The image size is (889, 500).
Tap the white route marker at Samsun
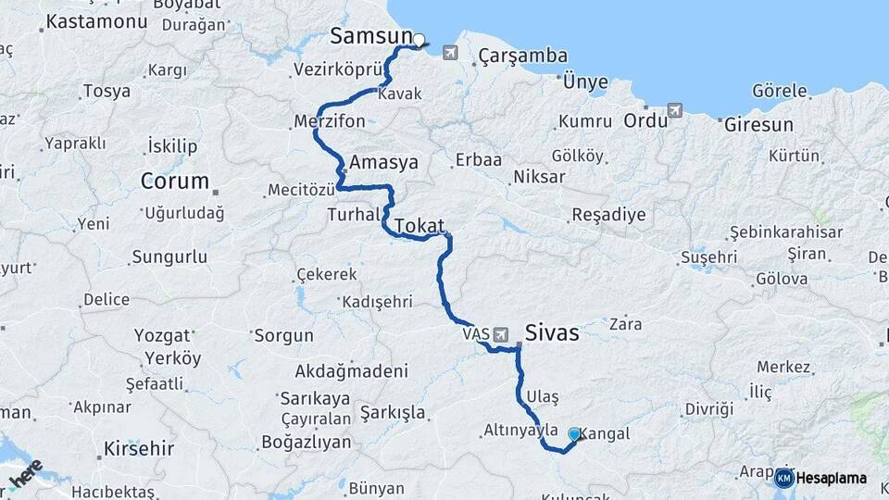click(419, 40)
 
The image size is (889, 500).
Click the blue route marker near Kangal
click(574, 433)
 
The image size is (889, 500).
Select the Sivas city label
click(552, 332)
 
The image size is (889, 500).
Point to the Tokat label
click(420, 226)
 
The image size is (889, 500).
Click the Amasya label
click(381, 162)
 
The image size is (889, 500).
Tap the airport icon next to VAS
click(501, 333)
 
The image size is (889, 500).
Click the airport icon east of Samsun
click(450, 52)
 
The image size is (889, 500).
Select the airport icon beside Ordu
click(674, 111)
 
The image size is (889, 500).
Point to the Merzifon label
click(329, 122)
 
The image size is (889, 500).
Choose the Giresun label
click(758, 124)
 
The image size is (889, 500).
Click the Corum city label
click(174, 181)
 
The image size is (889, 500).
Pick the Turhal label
click(354, 214)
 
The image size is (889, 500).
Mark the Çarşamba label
click(523, 56)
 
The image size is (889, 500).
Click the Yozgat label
click(162, 335)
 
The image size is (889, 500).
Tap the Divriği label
click(709, 408)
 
